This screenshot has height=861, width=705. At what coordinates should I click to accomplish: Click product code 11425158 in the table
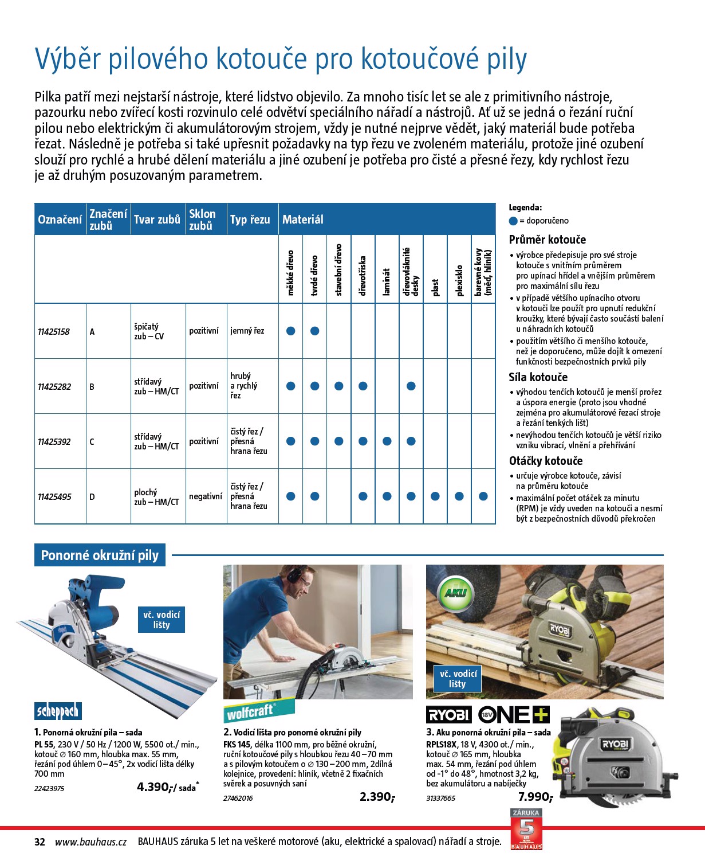(x=54, y=332)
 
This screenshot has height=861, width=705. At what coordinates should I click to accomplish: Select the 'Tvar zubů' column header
(x=157, y=220)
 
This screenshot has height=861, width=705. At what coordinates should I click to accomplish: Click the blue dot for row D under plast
(x=435, y=496)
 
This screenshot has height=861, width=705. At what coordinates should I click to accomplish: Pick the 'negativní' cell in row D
(x=206, y=496)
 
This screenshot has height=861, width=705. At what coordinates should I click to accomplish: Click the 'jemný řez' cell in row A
(x=247, y=331)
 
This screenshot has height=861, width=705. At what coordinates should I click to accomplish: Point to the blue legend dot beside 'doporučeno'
(x=513, y=221)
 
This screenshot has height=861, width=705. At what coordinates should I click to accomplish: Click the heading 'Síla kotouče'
(x=538, y=377)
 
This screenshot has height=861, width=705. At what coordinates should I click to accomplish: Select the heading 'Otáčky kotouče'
(x=545, y=461)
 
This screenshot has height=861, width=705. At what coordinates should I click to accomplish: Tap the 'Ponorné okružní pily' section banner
(x=100, y=555)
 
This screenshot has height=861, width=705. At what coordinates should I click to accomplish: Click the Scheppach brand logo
(x=58, y=711)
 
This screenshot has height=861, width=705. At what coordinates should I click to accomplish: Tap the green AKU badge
(x=455, y=593)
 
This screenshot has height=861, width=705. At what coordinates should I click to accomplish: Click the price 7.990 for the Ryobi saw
(x=534, y=797)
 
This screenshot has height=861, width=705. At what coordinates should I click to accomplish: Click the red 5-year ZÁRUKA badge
(x=526, y=828)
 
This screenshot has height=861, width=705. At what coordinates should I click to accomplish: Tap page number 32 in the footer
(x=40, y=842)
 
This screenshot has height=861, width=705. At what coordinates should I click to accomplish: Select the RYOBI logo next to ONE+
(x=449, y=714)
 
